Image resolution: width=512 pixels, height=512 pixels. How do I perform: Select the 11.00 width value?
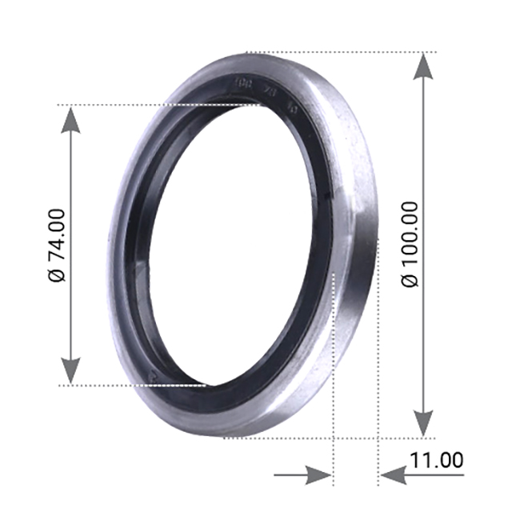coord(436,460)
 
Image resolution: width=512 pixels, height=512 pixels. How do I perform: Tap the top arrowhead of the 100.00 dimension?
coord(424,68)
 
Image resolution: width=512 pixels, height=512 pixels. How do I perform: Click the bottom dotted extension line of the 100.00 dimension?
coord(320,438)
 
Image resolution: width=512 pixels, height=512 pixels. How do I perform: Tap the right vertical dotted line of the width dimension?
coord(377,360)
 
